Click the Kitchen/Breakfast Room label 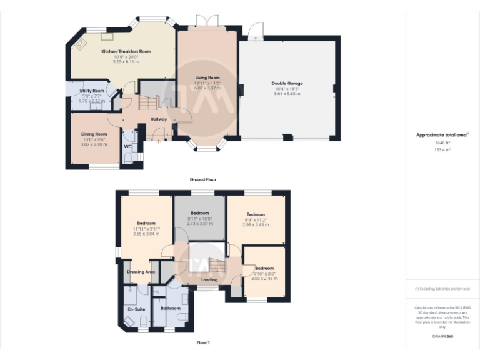click(x=127, y=51)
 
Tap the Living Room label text click(x=207, y=77)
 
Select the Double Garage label click(x=287, y=82)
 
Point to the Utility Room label click(x=92, y=91)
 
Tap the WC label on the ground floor click(x=127, y=147)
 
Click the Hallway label click(x=159, y=119)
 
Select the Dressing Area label click(x=141, y=272)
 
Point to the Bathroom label click(x=171, y=308)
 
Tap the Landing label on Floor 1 click(x=209, y=279)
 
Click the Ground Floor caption click(x=203, y=179)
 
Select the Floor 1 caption click(x=203, y=342)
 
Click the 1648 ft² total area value click(x=443, y=142)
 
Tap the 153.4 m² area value click(x=443, y=149)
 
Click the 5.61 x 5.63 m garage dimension click(x=287, y=94)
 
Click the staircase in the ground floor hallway click(x=150, y=100)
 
